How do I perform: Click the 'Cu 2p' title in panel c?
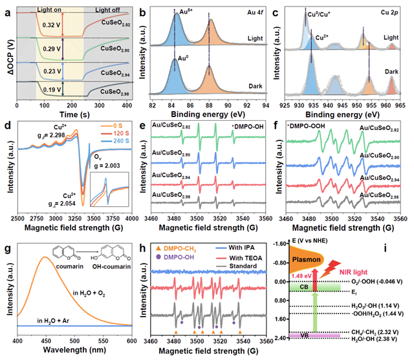pos(390,8)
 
